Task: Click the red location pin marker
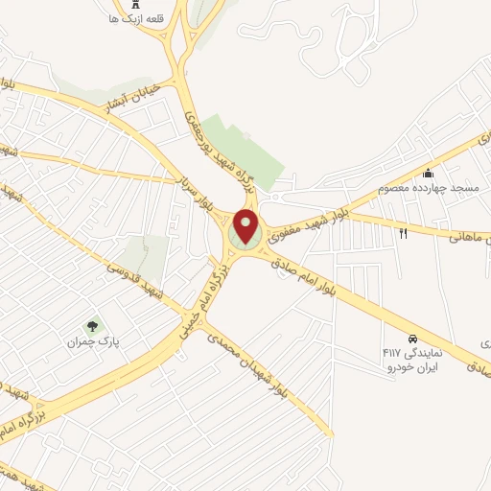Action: point(246,226)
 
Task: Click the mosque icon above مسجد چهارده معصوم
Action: point(428,173)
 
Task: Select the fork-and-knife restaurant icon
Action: point(404,233)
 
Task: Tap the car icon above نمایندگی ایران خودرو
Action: point(411,339)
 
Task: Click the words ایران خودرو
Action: point(411,367)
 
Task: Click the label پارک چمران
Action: point(89,341)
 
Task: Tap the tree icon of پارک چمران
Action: point(92,326)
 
